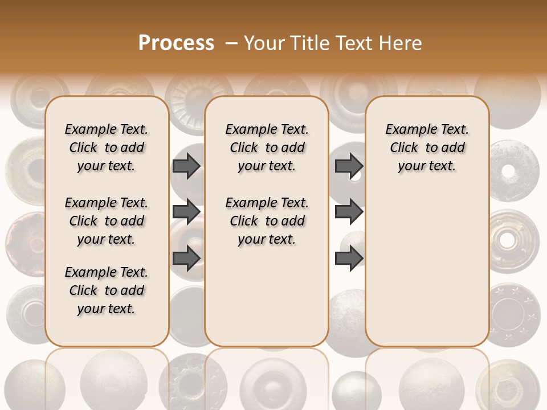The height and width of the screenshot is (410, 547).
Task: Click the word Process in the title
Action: [x=176, y=43]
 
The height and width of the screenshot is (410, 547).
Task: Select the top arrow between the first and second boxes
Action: [x=186, y=166]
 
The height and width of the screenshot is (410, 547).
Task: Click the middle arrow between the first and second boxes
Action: [x=186, y=212]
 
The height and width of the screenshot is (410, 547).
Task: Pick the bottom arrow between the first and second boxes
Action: [x=186, y=258]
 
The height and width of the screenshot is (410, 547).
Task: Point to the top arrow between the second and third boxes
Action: [x=349, y=166]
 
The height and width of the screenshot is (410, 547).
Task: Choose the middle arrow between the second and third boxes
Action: [x=349, y=212]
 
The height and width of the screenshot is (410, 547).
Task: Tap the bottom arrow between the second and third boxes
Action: [x=349, y=258]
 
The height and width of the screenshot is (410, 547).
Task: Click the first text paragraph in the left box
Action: [x=107, y=147]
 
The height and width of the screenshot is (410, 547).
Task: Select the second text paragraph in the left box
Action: [x=107, y=221]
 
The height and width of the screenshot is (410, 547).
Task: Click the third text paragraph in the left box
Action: [x=107, y=290]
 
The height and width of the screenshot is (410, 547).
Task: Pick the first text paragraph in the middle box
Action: [x=267, y=147]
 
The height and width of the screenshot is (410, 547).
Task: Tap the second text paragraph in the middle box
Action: [x=267, y=221]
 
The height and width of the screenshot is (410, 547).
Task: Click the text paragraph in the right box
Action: [x=427, y=147]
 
